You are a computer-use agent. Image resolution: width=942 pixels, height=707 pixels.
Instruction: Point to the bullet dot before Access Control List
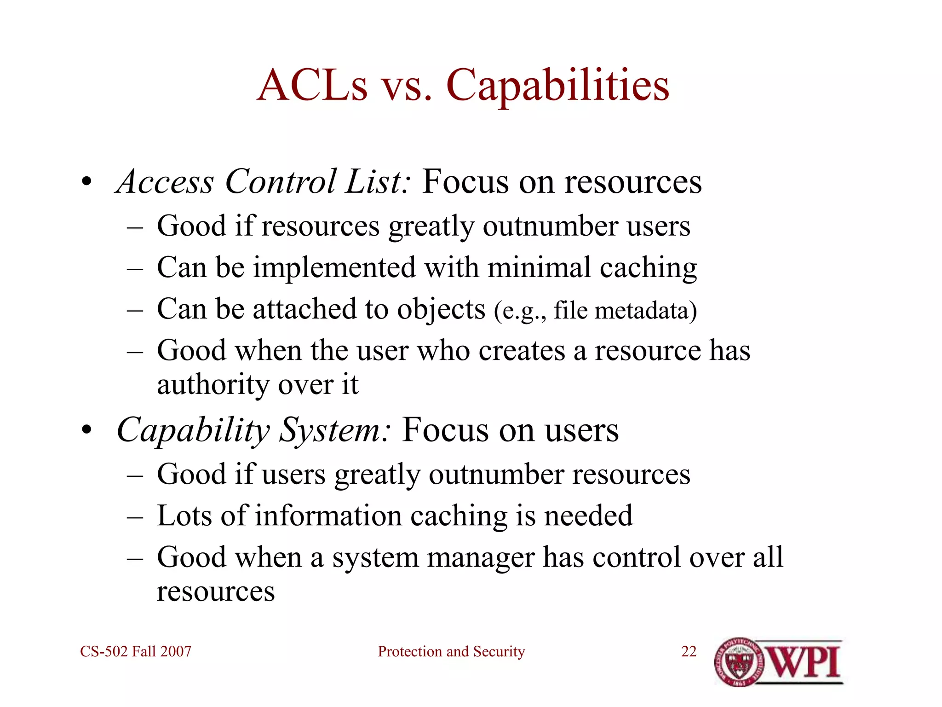coord(86,183)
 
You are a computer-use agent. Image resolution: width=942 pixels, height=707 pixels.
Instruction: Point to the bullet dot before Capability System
coord(86,431)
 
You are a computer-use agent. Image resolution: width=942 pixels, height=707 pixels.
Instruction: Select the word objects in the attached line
coord(441,309)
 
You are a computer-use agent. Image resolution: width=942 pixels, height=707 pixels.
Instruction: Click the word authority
coord(213,384)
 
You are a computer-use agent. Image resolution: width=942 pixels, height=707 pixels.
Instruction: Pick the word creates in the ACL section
coord(521,351)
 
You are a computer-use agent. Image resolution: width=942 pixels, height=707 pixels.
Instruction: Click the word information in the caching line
coord(328,516)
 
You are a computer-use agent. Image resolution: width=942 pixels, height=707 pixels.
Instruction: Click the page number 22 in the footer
coord(689,651)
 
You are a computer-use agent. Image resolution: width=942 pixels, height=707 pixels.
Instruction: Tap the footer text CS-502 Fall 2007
coord(136,651)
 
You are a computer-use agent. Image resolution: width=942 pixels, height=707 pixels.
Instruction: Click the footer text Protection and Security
coord(451,651)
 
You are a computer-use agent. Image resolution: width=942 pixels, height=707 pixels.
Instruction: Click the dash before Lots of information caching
coord(135,516)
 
